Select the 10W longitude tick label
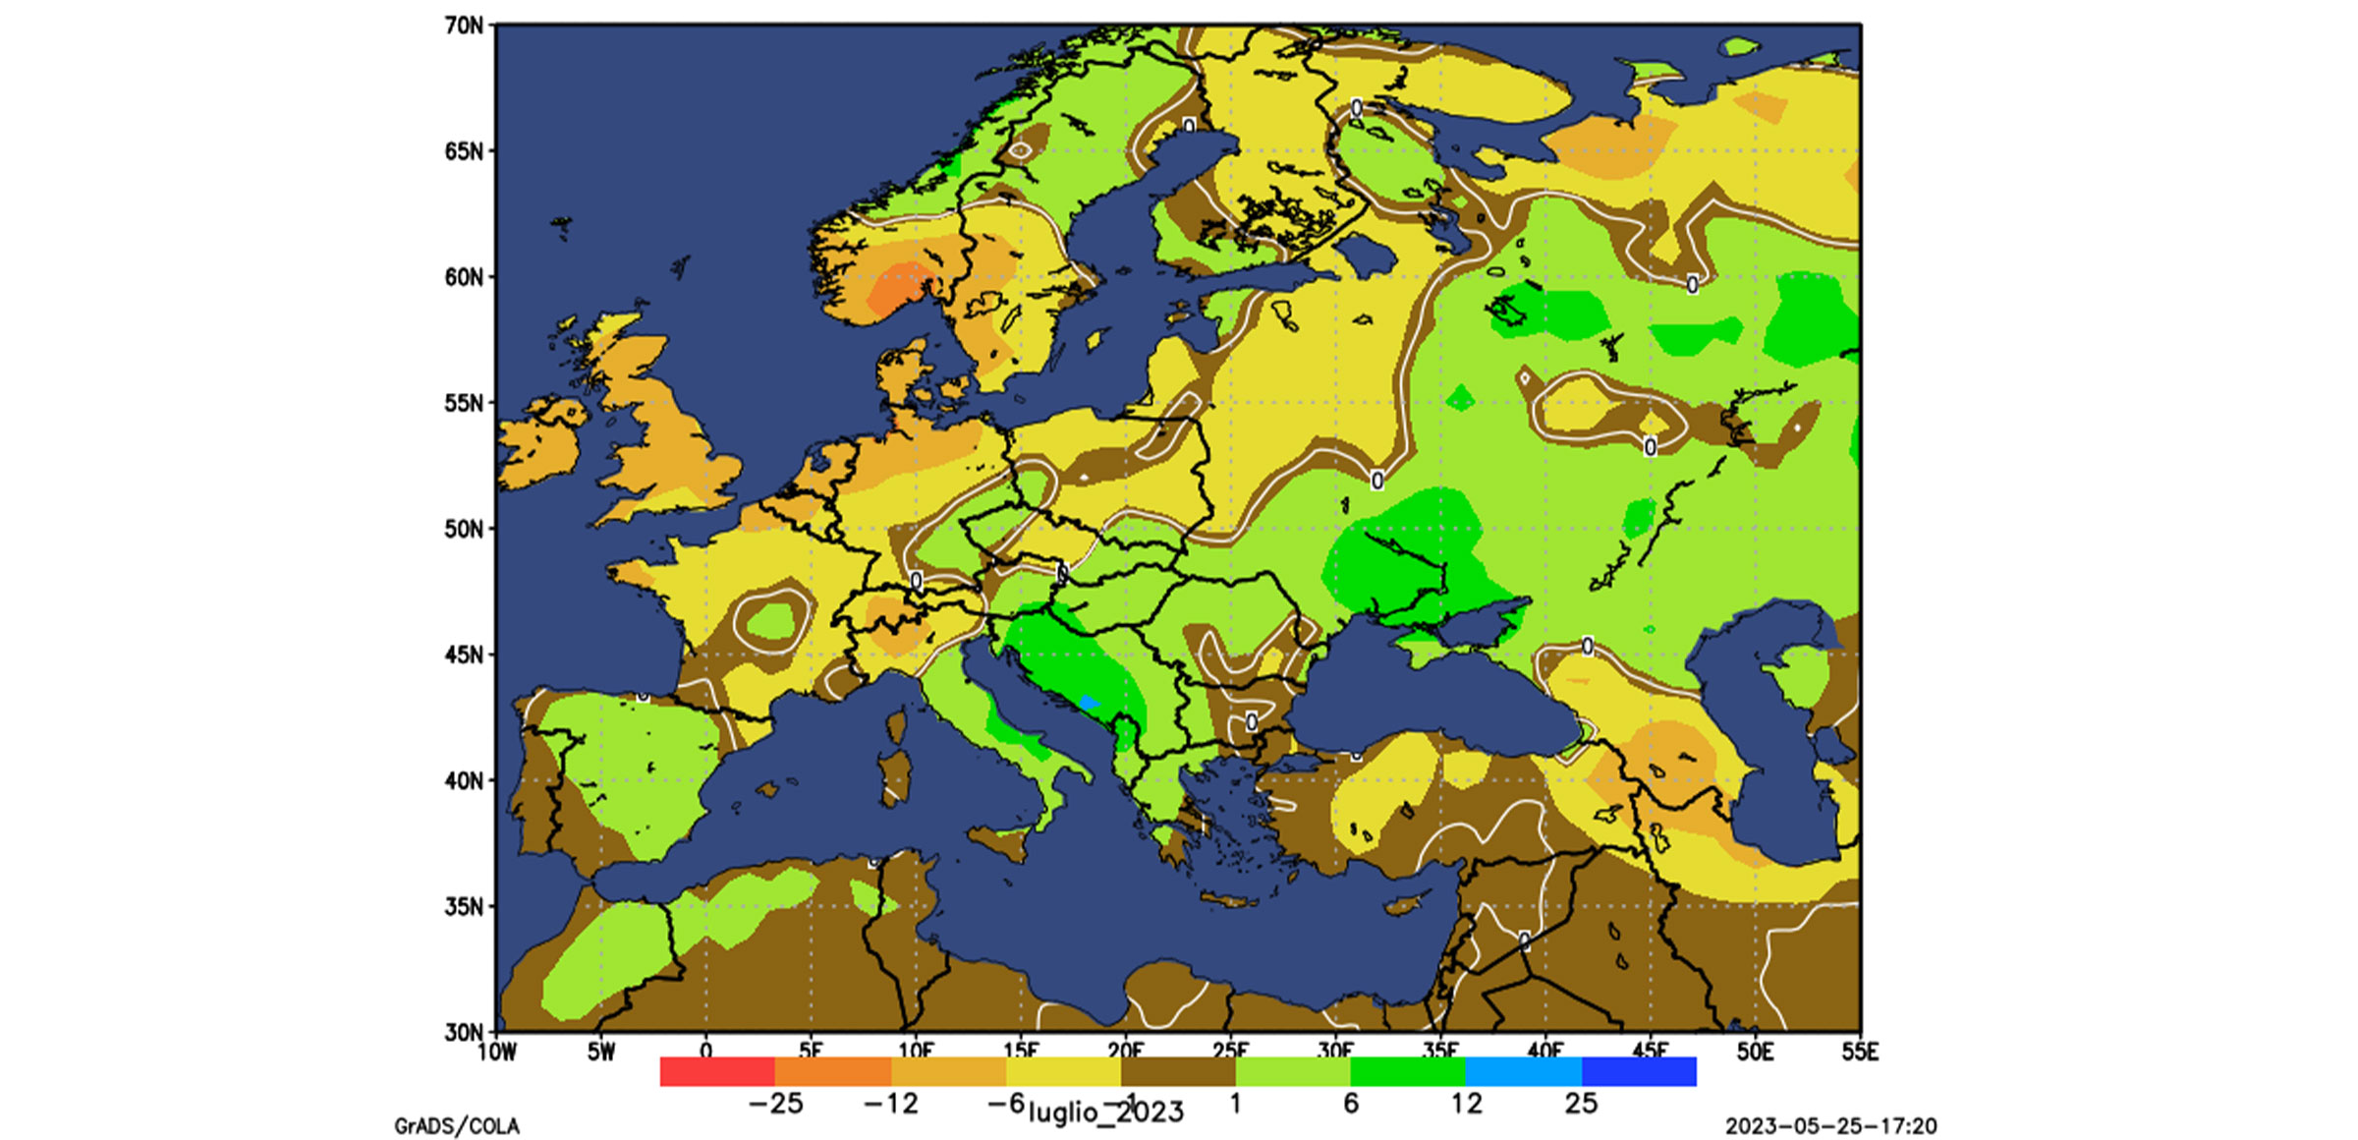click(x=496, y=1053)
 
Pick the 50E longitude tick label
click(x=1755, y=1053)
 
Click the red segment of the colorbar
click(x=717, y=1071)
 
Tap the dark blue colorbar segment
click(x=1639, y=1071)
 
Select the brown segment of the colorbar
click(x=1178, y=1071)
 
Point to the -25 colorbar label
click(x=775, y=1104)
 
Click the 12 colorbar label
click(x=1466, y=1104)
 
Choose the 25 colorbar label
click(x=1581, y=1104)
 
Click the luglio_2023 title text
click(x=1105, y=1112)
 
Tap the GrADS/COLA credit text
click(x=457, y=1126)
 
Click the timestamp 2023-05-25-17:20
click(x=1830, y=1126)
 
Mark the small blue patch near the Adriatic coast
click(x=1088, y=702)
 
